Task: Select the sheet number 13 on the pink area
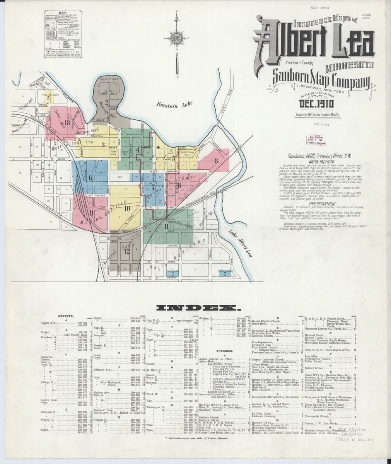coord(67,123)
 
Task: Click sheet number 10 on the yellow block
coord(127,208)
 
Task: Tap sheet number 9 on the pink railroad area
coord(91,212)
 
